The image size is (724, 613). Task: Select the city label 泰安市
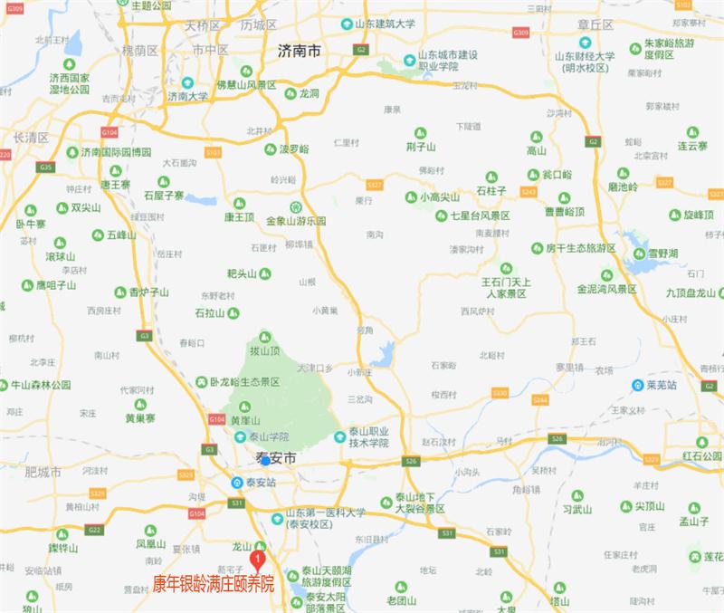click(278, 460)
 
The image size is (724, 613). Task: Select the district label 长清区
click(31, 138)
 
